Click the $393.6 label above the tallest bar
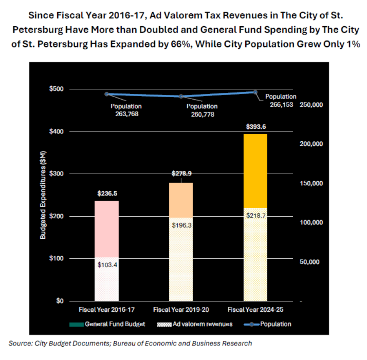pos(255,127)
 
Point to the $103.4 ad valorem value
pos(106,265)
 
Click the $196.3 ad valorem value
pos(181,225)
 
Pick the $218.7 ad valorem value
pos(255,215)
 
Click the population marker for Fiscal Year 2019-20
pos(181,96)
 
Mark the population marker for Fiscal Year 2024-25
pos(255,92)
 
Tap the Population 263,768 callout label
pos(126,110)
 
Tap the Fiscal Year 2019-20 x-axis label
pos(181,310)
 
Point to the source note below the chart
pos(130,343)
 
